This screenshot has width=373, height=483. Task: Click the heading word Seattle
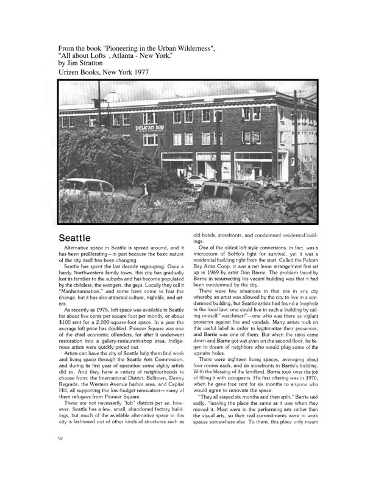click(83, 237)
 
